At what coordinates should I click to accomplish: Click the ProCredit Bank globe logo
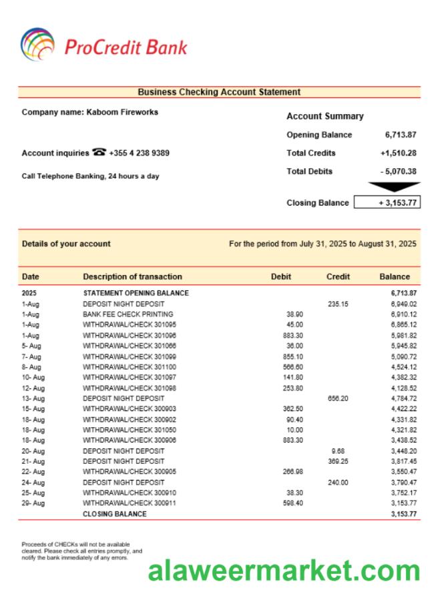coord(37,45)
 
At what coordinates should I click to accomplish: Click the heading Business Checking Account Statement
coord(219,92)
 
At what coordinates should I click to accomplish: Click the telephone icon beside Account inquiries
coord(99,152)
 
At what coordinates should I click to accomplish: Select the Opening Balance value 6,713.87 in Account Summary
coord(401,135)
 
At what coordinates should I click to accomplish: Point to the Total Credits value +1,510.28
coord(399,153)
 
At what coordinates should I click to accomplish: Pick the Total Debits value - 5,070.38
coord(399,172)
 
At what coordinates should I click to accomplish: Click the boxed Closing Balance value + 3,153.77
coord(387,202)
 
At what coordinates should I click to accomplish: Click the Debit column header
coord(281,276)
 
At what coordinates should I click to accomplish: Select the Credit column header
coord(338,276)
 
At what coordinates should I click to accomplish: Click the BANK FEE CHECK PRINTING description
coord(128,314)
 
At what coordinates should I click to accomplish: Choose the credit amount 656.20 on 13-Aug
coord(337,398)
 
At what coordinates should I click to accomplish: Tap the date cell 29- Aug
coord(33,503)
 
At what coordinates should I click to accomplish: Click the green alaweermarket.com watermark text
coord(284,571)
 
